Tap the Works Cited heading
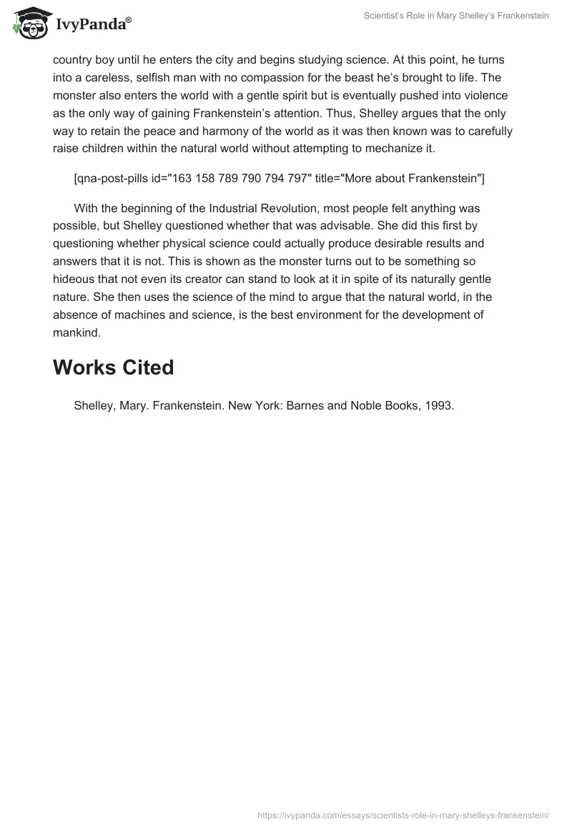(113, 367)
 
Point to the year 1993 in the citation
(438, 406)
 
